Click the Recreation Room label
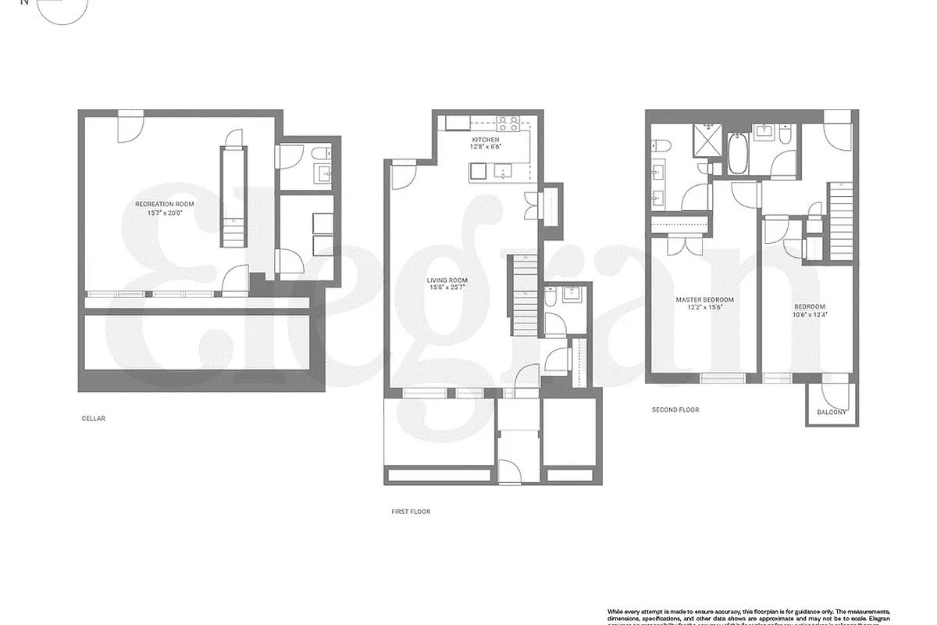coord(164,204)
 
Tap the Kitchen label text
coord(484,139)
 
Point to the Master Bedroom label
coord(704,299)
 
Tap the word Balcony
coord(832,412)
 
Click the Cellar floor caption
coord(93,419)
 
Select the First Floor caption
coord(411,512)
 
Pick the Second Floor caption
coord(675,409)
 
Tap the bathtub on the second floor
coord(738,154)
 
